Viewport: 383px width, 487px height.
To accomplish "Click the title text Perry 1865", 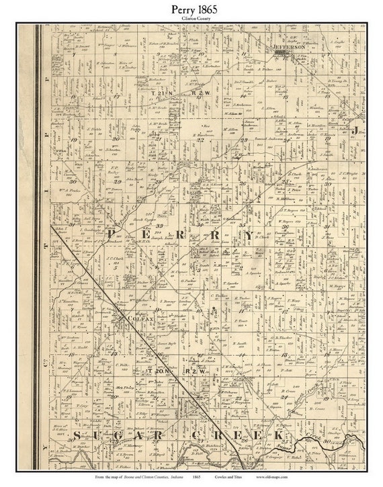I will [191, 9].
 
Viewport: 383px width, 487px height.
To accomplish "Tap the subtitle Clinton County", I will [191, 19].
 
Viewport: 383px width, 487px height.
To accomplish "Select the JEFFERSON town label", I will [290, 48].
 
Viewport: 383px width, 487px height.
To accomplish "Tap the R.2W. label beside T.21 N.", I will [201, 92].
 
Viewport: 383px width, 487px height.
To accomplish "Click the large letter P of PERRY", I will [111, 235].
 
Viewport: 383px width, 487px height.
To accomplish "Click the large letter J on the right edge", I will [358, 128].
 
